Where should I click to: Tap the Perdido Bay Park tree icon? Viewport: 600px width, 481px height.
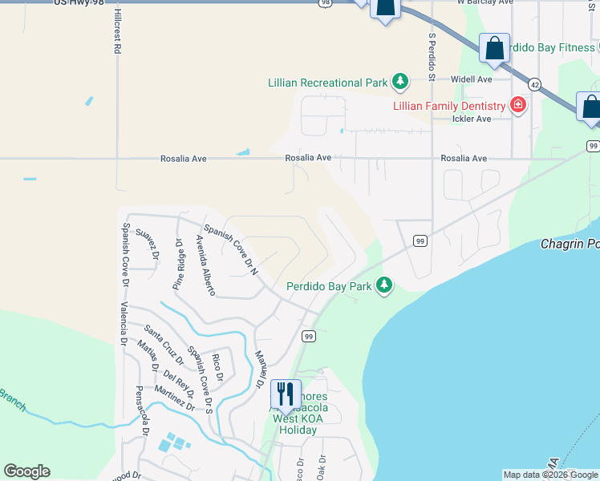(x=385, y=285)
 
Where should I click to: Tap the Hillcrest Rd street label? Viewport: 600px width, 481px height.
(x=116, y=33)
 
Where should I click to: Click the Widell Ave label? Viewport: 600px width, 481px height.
(x=470, y=79)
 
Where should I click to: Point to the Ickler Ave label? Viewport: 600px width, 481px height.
(x=472, y=119)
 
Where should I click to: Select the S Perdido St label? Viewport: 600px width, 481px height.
(x=432, y=52)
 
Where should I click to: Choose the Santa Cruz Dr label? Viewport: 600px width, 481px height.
(x=162, y=341)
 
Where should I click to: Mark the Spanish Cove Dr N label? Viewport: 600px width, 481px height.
(x=230, y=249)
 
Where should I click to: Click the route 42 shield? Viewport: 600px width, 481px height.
(x=535, y=83)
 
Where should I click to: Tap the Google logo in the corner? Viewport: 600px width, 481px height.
(x=26, y=471)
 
